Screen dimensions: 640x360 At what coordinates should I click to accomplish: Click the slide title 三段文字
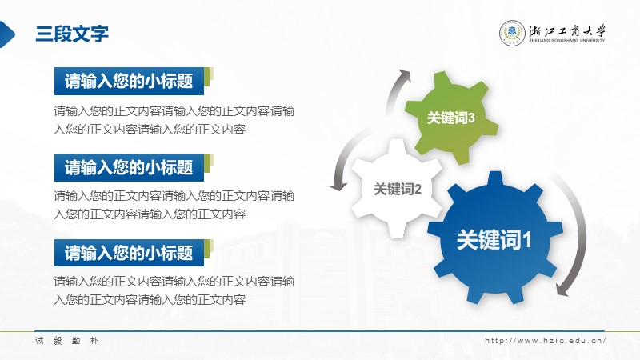[x=72, y=34]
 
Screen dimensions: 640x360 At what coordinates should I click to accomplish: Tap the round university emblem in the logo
[x=512, y=33]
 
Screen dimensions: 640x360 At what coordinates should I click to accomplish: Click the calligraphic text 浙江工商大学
[x=567, y=31]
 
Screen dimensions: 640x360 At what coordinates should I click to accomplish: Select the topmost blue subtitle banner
[x=129, y=81]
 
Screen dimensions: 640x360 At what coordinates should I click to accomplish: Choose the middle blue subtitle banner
[x=129, y=167]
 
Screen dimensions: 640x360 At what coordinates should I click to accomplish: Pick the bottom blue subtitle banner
[x=129, y=253]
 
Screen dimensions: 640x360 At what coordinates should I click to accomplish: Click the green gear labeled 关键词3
[x=451, y=118]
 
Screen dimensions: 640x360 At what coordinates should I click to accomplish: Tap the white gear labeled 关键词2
[x=397, y=189]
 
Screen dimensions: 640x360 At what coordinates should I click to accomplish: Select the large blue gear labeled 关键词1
[x=494, y=238]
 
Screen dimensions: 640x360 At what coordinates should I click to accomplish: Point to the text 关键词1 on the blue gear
[x=494, y=239]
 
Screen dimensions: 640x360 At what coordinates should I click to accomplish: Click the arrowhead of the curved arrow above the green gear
[x=405, y=74]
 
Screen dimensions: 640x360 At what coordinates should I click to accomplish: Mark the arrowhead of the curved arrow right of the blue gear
[x=562, y=290]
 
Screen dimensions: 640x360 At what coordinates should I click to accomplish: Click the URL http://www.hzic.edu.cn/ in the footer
[x=546, y=341]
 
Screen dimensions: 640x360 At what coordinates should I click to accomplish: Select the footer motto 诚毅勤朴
[x=67, y=341]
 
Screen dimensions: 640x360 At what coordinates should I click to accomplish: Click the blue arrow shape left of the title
[x=6, y=34]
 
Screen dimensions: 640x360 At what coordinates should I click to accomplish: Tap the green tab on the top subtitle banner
[x=209, y=77]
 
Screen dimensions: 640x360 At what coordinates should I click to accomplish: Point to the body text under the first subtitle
[x=174, y=120]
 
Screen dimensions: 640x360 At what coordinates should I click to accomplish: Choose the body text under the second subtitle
[x=174, y=205]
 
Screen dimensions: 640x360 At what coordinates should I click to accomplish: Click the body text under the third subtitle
[x=174, y=290]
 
